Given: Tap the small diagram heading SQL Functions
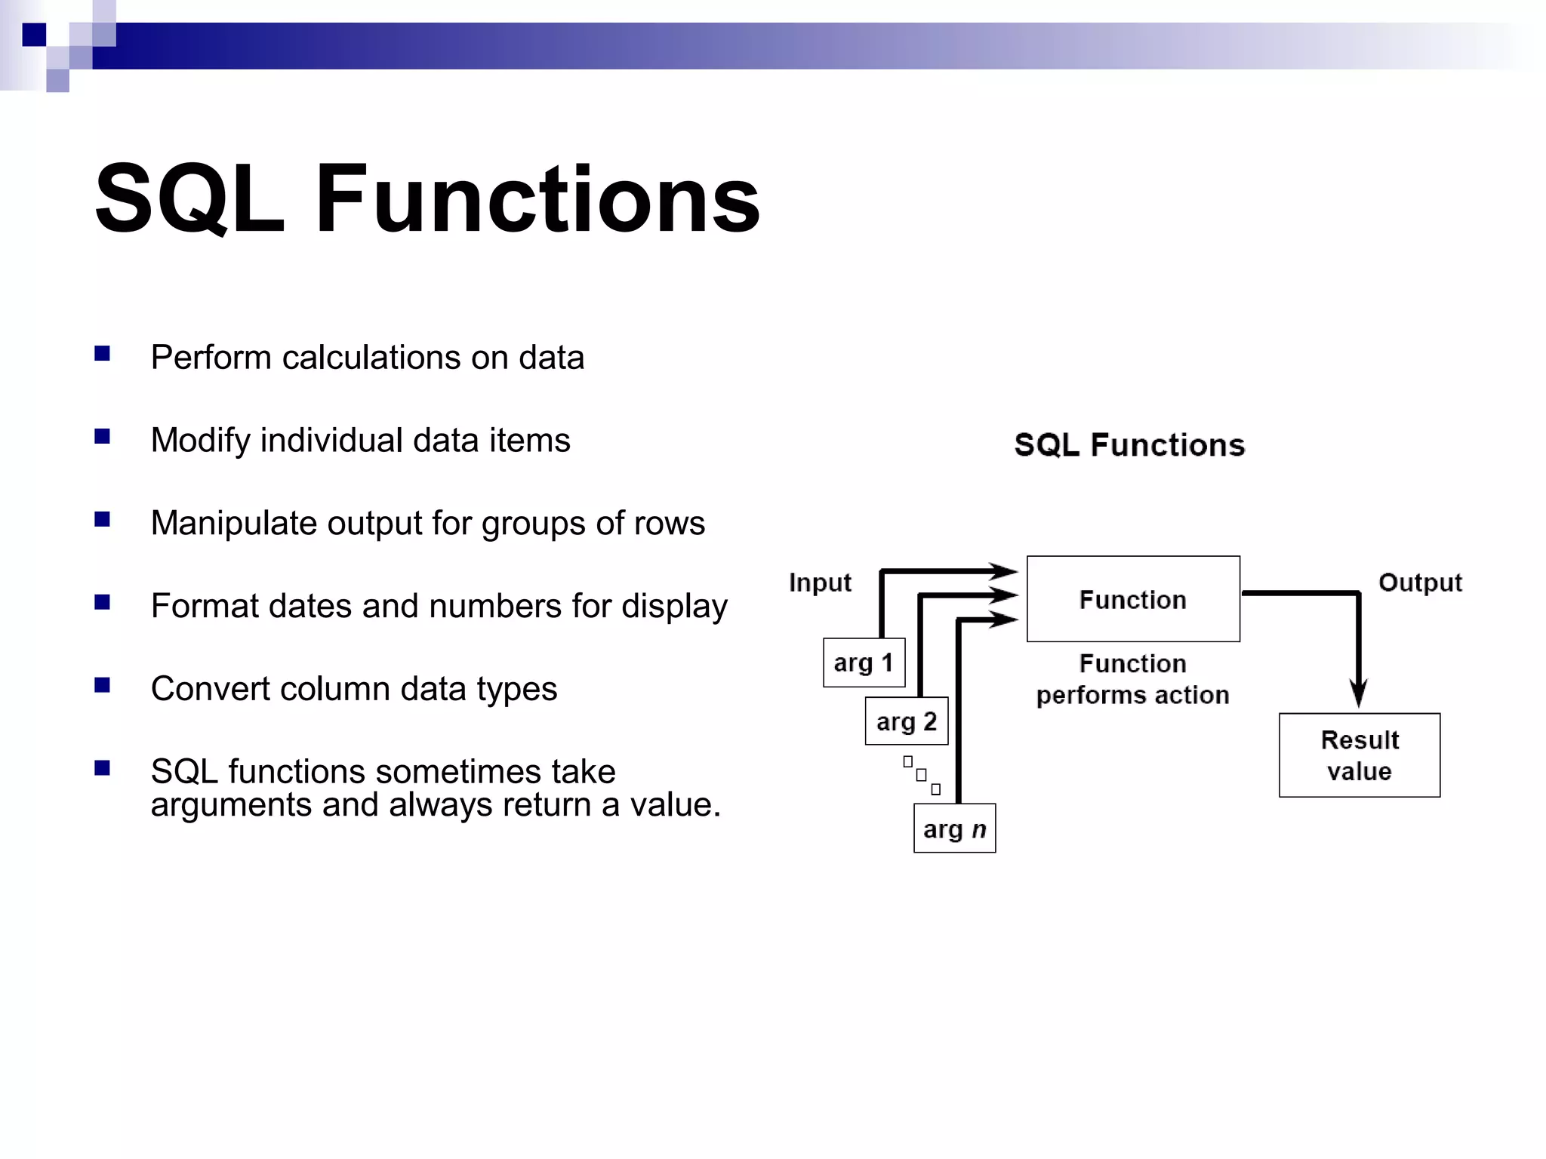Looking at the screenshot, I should pyautogui.click(x=1129, y=445).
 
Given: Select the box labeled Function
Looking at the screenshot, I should pyautogui.click(x=1132, y=599).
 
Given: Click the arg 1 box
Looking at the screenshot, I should pyautogui.click(x=864, y=663).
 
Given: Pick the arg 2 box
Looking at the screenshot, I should pyautogui.click(x=906, y=721).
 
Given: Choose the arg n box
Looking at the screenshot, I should pyautogui.click(x=954, y=829).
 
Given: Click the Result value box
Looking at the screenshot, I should pyautogui.click(x=1359, y=755).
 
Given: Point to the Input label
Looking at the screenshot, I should pyautogui.click(x=820, y=583).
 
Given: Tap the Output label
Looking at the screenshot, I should pyautogui.click(x=1419, y=583).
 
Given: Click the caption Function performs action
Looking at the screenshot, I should pyautogui.click(x=1132, y=679).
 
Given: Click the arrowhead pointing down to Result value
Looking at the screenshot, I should pyautogui.click(x=1358, y=693).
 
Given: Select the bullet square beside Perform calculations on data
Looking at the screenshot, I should pyautogui.click(x=103, y=353).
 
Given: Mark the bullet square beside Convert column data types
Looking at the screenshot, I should pyautogui.click(x=103, y=685).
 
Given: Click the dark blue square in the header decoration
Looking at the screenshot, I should pyautogui.click(x=34, y=35).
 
